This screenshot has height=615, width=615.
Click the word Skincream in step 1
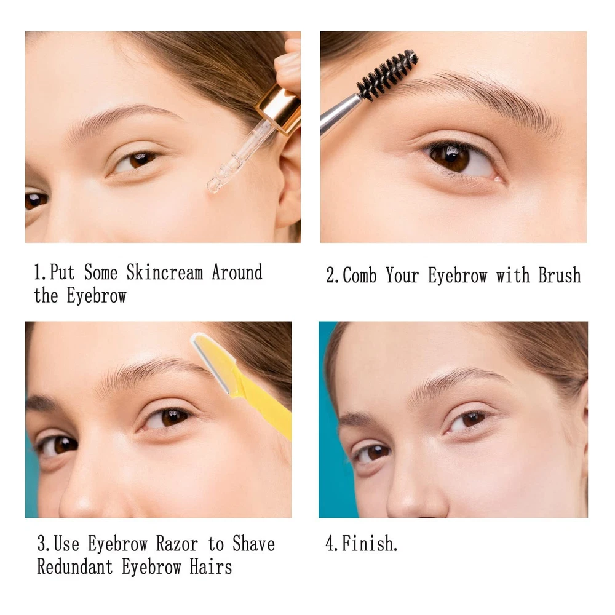click(165, 272)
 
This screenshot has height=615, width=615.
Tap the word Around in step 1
click(237, 272)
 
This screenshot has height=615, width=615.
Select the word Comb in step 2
click(360, 275)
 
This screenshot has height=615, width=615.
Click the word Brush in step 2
click(560, 275)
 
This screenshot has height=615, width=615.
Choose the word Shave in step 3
click(253, 544)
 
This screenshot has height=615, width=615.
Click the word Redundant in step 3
click(75, 567)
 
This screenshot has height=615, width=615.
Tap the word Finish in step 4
click(368, 544)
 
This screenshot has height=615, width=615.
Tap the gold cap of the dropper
click(279, 110)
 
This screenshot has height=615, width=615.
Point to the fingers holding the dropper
click(288, 63)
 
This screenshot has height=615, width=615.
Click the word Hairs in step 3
click(210, 567)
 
